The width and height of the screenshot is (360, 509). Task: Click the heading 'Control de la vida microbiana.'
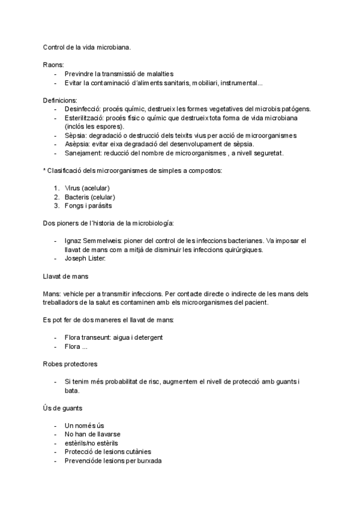[86, 46]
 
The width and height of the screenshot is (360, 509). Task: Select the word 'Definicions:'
[60, 100]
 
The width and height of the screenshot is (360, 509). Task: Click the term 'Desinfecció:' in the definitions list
[82, 109]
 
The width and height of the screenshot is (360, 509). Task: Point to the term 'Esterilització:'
[85, 118]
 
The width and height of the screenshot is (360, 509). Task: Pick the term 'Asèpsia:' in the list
[77, 144]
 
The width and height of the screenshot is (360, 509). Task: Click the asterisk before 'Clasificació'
[45, 170]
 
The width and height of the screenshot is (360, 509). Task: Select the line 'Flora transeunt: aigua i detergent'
[113, 337]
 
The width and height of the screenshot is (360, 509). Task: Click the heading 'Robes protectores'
[70, 364]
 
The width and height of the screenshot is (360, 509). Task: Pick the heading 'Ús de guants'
[63, 408]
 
